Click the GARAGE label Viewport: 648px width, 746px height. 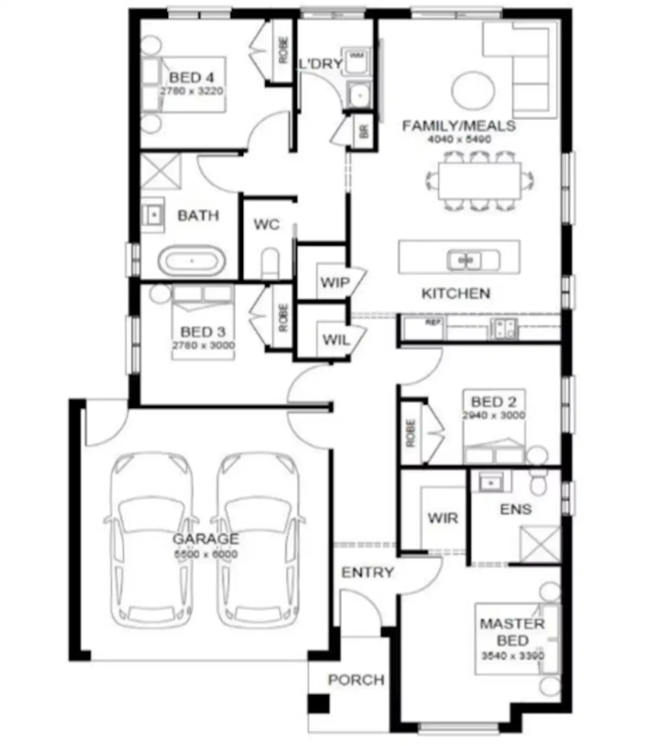[x=205, y=539]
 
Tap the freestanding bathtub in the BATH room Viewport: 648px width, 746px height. [x=191, y=261]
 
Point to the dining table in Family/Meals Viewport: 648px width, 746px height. [x=479, y=180]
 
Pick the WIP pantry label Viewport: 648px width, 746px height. [x=335, y=282]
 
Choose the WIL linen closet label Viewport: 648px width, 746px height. [x=336, y=340]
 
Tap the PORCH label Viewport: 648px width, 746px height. [x=356, y=679]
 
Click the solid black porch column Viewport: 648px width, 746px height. [x=318, y=704]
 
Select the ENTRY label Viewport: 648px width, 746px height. [x=368, y=572]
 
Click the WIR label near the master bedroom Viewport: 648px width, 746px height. [x=443, y=518]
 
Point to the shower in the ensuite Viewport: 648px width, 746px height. [x=540, y=544]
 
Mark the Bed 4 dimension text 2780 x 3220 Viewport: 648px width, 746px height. [x=191, y=91]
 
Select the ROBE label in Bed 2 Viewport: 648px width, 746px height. [x=411, y=433]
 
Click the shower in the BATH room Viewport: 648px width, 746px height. [x=161, y=172]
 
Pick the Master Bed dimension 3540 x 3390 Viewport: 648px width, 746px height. [x=512, y=655]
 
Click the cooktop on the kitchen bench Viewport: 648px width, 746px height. [x=504, y=328]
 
